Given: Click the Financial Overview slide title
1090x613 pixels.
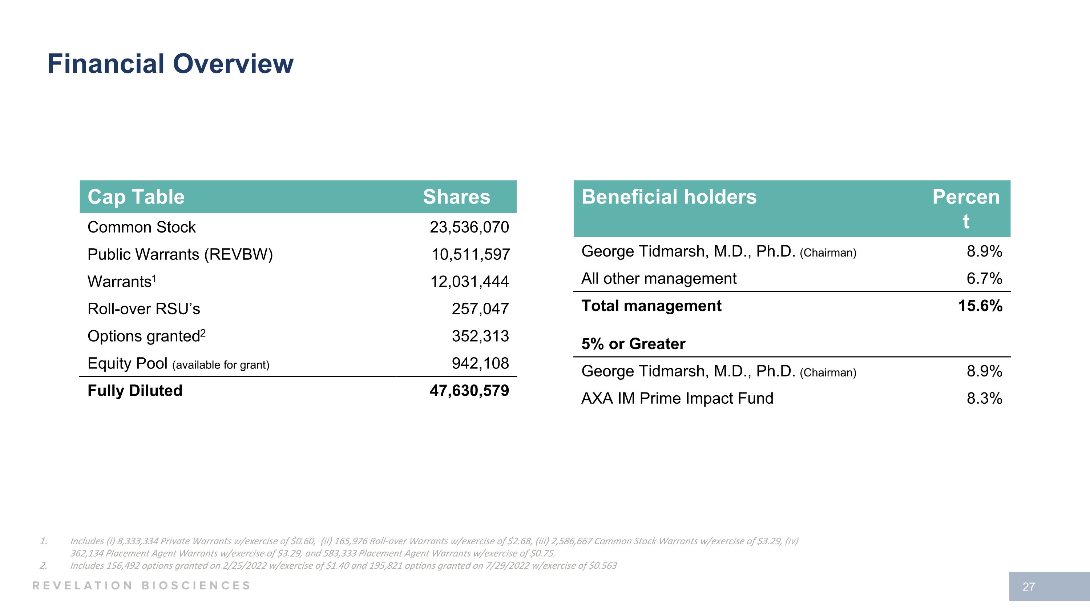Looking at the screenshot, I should point(170,64).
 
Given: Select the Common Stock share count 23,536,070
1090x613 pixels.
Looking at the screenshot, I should point(469,227).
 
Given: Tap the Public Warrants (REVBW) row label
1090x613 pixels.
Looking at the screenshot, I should point(180,254).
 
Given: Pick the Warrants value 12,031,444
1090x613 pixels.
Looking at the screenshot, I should point(469,282).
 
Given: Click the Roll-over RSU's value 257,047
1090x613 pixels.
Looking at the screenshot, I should point(480,309).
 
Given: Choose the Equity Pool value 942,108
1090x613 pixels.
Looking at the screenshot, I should point(480,363).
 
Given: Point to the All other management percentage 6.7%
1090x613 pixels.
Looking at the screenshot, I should point(984,279).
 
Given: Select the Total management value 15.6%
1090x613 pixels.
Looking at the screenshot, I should point(980,306).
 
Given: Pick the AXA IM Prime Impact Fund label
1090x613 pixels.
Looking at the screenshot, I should point(677,399).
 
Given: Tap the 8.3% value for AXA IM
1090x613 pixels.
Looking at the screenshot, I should point(984,399).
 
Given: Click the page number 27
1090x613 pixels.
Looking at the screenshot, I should point(1029,587).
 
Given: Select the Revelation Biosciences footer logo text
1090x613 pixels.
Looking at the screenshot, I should point(142,585).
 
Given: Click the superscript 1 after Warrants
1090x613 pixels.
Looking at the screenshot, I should point(154,278).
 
